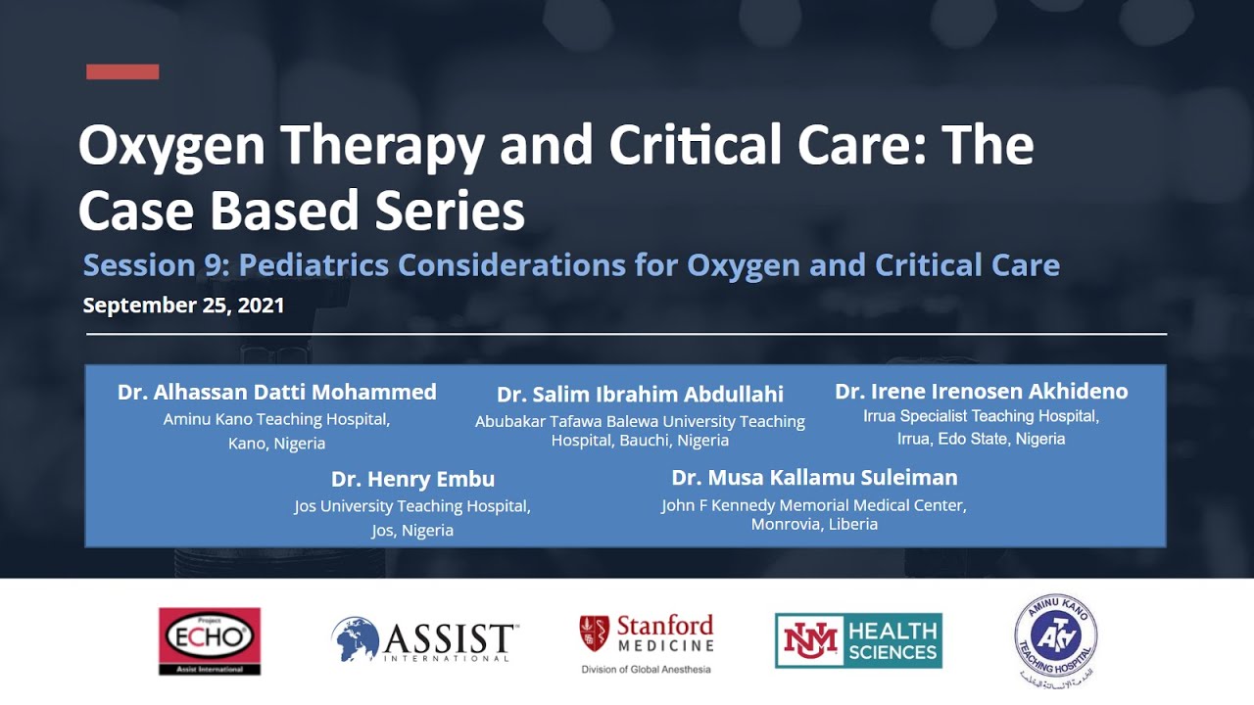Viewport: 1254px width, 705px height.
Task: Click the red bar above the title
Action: coord(122,71)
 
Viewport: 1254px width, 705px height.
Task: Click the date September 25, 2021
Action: coord(183,305)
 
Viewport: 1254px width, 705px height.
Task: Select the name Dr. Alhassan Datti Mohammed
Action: coord(276,393)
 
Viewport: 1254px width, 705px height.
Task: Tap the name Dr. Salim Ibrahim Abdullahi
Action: coord(640,395)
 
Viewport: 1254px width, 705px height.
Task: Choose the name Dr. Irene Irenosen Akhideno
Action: coord(981,392)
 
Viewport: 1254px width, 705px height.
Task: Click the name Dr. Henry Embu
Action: coord(412,480)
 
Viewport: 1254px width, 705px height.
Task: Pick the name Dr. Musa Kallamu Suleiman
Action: coord(814,478)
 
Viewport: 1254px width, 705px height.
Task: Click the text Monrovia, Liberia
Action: coord(814,525)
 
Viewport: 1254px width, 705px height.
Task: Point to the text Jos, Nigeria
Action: coord(412,531)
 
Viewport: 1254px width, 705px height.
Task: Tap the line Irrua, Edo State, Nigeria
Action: coord(981,439)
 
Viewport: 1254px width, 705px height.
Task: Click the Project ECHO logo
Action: coord(210,640)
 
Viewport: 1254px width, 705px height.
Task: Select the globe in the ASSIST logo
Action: coord(355,639)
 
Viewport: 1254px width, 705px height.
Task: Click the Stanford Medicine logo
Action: coord(647,634)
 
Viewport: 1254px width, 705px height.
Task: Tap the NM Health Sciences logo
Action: coord(858,640)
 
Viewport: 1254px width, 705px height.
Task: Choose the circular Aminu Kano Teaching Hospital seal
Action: coord(1055,639)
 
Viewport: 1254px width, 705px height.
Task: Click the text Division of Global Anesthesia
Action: coord(646,670)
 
